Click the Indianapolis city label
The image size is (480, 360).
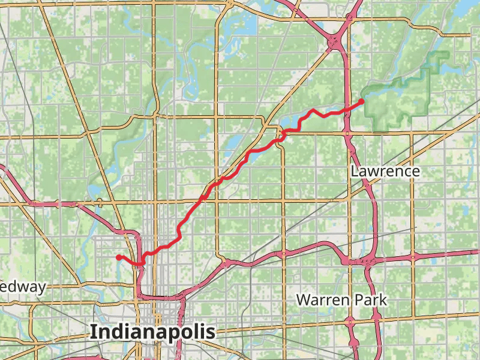[x=152, y=332]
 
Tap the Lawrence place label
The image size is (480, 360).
[x=385, y=172]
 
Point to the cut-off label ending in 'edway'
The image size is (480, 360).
[x=22, y=287]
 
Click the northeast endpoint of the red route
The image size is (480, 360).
[x=362, y=101]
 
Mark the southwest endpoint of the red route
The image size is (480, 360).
[x=118, y=257]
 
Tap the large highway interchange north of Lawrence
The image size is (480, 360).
[x=334, y=42]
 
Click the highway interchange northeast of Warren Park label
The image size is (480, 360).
[x=360, y=262]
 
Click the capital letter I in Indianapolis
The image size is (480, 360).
[x=93, y=332]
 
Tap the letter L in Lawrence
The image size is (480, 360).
[x=355, y=172]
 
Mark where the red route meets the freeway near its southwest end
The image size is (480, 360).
[x=142, y=262]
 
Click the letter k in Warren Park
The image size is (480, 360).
[x=383, y=299]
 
